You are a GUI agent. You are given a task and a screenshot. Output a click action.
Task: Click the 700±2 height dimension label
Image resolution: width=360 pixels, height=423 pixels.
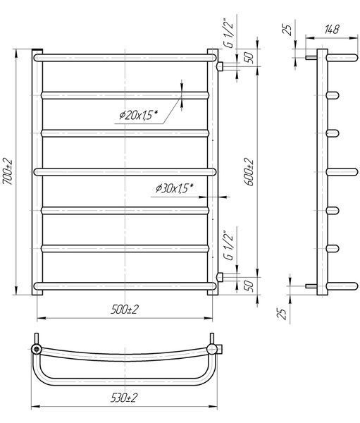click(8, 172)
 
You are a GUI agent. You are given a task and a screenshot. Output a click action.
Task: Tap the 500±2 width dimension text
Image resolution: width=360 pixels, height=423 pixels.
click(124, 309)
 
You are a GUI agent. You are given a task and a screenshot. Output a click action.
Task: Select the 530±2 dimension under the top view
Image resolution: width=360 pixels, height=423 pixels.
click(124, 398)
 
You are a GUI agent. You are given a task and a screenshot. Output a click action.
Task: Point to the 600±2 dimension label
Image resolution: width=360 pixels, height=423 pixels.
click(249, 172)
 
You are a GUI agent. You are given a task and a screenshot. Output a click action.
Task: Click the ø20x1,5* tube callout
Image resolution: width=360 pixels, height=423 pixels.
click(138, 115)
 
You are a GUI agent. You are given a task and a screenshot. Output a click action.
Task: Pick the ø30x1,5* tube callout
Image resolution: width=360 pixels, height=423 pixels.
click(175, 188)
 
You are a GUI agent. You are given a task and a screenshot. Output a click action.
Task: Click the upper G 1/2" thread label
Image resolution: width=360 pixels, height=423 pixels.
click(229, 34)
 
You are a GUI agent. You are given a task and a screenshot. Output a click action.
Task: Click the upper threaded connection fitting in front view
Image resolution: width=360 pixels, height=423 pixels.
click(220, 66)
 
